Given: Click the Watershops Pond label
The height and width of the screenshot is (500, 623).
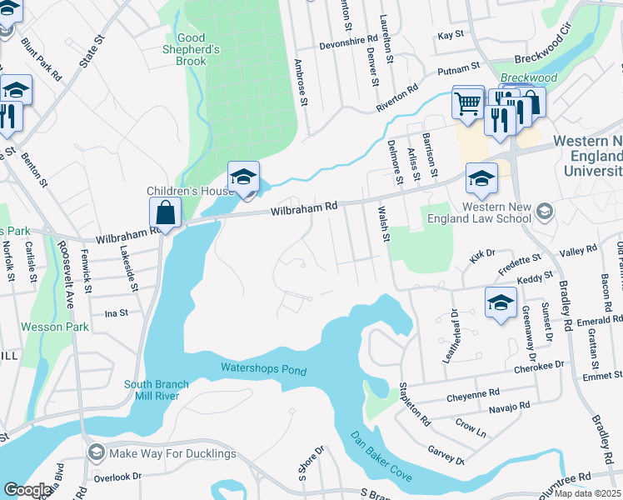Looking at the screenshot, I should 263,369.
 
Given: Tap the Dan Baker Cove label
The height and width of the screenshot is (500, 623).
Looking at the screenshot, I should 380,456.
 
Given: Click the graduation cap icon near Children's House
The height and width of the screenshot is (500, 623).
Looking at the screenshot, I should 243,177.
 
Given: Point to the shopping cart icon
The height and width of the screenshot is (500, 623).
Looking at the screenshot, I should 468,103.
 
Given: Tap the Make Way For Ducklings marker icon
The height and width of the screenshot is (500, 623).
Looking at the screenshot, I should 96,453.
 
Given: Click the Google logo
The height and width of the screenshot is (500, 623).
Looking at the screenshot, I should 27,490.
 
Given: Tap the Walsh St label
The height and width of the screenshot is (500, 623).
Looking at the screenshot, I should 384,225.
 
